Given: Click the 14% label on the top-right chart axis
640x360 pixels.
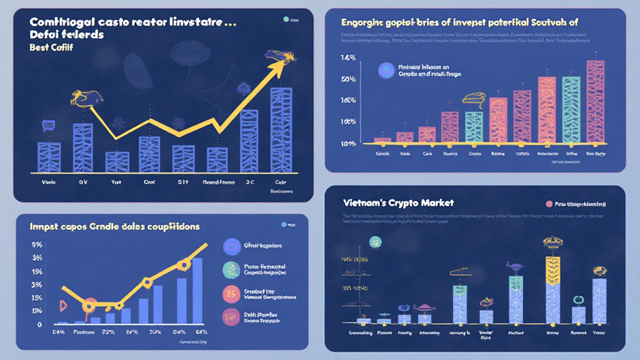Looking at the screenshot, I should pos(348,58).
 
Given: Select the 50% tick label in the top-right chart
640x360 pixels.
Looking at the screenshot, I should pos(348,79).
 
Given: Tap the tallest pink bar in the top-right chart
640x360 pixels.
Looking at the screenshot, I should pos(595,101).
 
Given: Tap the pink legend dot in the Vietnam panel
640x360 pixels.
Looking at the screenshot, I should pos(550,204).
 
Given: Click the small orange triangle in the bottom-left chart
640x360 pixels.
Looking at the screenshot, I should pos(62,304).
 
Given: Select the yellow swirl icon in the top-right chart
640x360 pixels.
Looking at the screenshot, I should pos(474,98).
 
